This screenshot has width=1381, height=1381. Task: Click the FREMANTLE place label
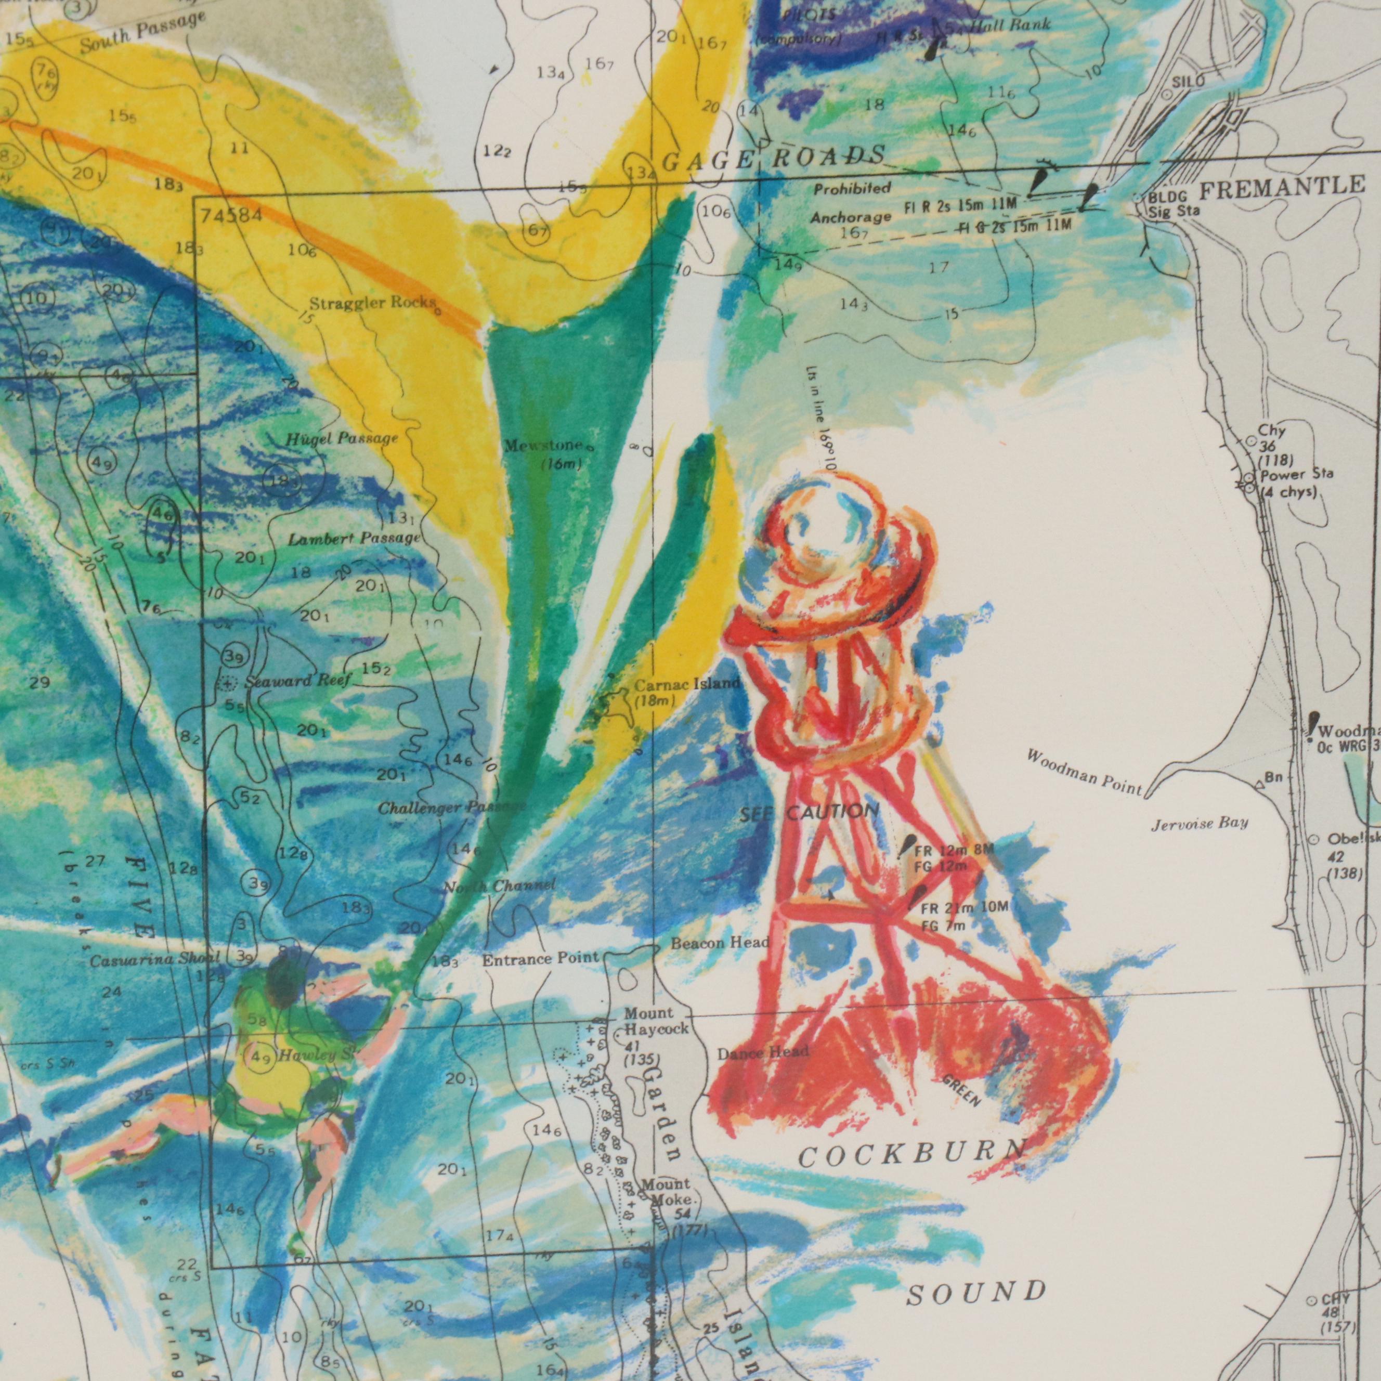coord(1281,188)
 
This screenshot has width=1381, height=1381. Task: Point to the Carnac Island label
coord(686,684)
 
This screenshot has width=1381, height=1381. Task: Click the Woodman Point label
coord(1084,773)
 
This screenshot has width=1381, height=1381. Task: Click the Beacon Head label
coord(720,944)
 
